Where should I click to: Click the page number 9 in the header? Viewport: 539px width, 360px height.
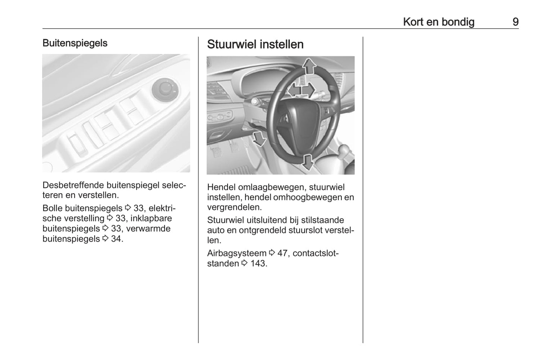(515, 22)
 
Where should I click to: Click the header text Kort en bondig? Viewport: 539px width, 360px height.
(439, 22)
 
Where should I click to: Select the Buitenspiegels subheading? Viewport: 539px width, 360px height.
(75, 43)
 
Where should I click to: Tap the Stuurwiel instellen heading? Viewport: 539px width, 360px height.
(255, 44)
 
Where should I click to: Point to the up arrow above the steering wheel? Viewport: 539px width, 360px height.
(309, 66)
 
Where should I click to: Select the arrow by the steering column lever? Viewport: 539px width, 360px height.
(258, 138)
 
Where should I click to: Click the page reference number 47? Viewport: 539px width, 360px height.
(282, 253)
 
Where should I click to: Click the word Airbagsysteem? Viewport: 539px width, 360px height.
(237, 253)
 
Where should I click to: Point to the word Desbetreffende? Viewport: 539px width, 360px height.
(73, 185)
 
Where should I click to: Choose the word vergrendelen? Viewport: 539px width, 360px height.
(234, 207)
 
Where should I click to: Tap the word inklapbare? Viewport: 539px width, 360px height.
(151, 218)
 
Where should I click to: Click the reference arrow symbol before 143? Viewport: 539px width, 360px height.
(245, 263)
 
